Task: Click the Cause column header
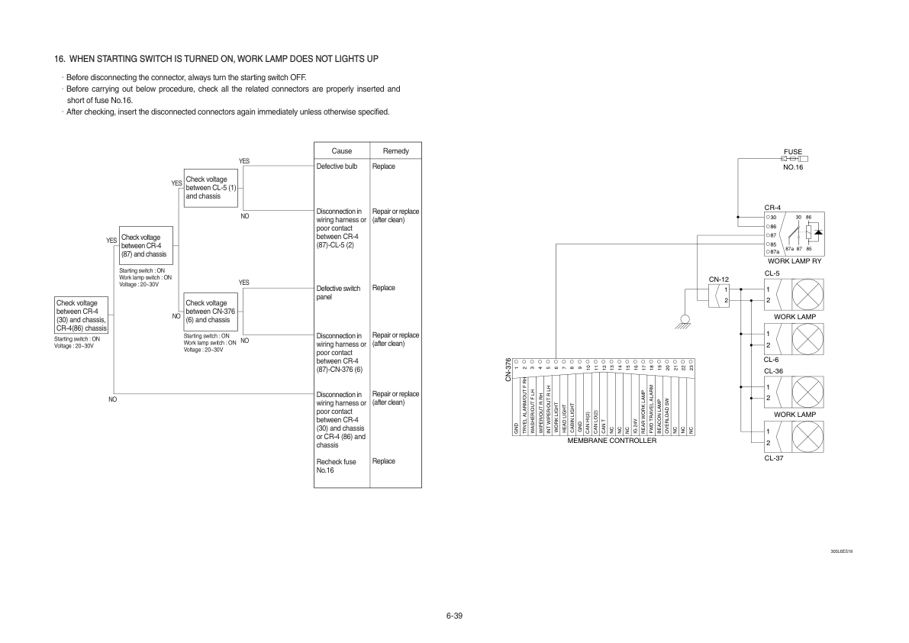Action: tap(342, 151)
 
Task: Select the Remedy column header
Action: tap(395, 151)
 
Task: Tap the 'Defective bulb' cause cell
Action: tap(337, 166)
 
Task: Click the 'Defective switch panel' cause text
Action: tap(338, 292)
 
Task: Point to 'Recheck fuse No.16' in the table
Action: tap(336, 466)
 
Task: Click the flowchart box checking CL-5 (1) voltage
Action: tap(211, 188)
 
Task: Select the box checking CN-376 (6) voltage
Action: tap(211, 312)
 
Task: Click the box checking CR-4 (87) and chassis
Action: tap(145, 245)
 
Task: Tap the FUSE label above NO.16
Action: tap(793, 151)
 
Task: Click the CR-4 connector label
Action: tap(772, 208)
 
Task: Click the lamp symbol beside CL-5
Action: tap(807, 295)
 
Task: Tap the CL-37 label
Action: tap(772, 458)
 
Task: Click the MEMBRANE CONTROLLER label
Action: tap(611, 441)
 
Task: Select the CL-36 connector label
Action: tap(772, 371)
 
